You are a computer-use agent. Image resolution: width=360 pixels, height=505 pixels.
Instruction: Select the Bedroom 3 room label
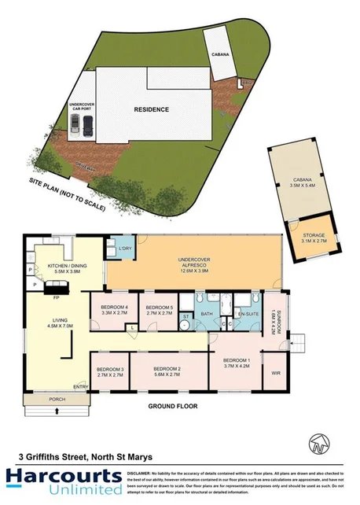[x=109, y=369]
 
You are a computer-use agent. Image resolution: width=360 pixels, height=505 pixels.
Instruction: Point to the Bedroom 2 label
[x=167, y=369]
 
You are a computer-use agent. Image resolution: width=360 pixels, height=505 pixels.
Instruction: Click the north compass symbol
[x=318, y=442]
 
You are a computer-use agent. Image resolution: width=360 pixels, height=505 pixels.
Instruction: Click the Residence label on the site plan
[x=151, y=109]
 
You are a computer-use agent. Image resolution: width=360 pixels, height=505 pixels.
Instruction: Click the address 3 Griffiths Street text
[x=86, y=455]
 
